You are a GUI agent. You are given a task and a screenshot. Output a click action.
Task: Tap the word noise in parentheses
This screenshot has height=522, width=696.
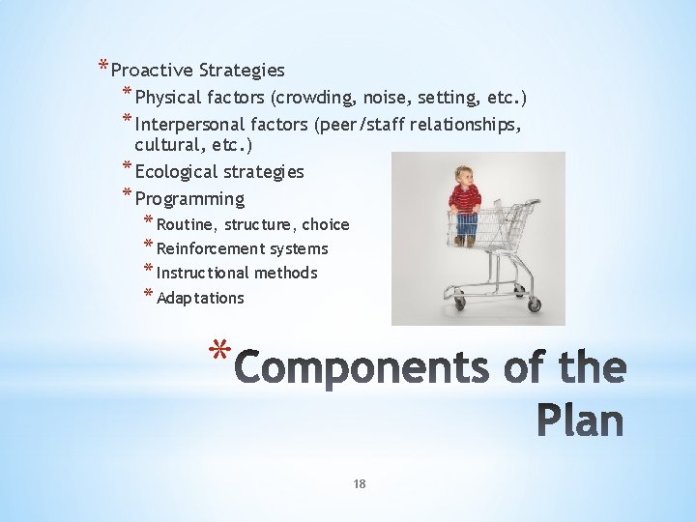[x=381, y=98]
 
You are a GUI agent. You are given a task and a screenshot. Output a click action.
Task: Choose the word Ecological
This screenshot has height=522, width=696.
[x=175, y=172]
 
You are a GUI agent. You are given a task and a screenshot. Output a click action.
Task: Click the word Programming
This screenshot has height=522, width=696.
[x=189, y=199]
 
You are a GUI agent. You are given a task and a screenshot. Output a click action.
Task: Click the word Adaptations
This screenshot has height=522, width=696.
[x=200, y=299]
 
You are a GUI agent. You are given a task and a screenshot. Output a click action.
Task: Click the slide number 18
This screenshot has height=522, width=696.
[x=359, y=484]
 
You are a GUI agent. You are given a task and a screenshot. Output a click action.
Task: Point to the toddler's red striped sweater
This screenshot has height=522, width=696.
[x=465, y=200]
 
